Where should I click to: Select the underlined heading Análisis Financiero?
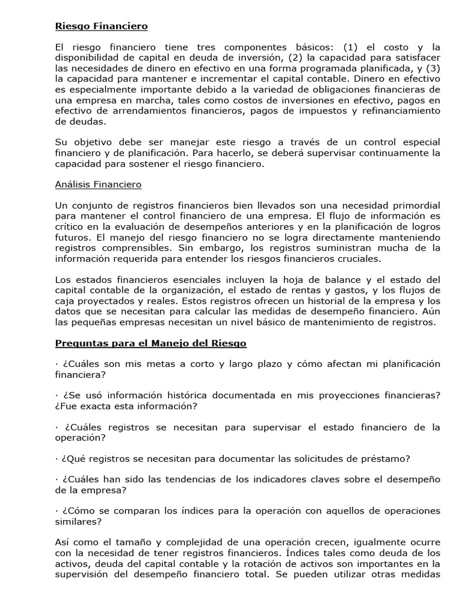tap(98, 184)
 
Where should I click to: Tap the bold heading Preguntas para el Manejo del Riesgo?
tap(150, 343)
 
